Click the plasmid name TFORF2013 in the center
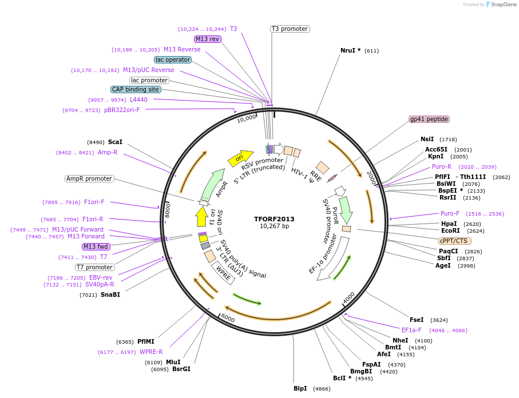click(x=275, y=218)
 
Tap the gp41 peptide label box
click(x=429, y=119)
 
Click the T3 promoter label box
click(x=290, y=29)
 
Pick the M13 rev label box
click(x=207, y=39)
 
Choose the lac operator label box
click(x=172, y=59)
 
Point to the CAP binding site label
click(x=136, y=89)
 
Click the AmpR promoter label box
click(x=90, y=178)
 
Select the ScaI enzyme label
click(x=115, y=142)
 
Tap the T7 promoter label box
click(x=94, y=267)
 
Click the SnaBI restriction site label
click(x=110, y=294)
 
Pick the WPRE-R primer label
click(x=151, y=352)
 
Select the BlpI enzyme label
click(x=300, y=388)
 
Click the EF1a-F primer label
click(x=411, y=330)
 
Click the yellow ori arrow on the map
click(x=240, y=157)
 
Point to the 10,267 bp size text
click(x=275, y=226)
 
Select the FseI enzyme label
click(x=417, y=320)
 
